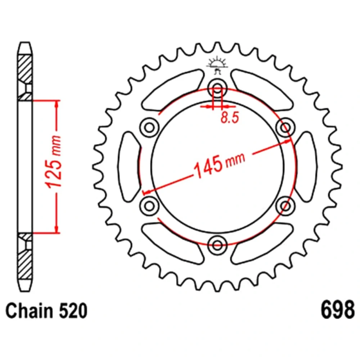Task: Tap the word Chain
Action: pos(29,311)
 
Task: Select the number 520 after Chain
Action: pos(73,311)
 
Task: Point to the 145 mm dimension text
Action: pos(219,163)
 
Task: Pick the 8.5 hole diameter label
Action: pos(230,118)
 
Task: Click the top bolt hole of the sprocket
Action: pos(217,88)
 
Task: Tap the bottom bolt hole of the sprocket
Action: pos(217,245)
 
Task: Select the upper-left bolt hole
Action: pos(149,127)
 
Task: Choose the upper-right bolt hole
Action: pos(285,127)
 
